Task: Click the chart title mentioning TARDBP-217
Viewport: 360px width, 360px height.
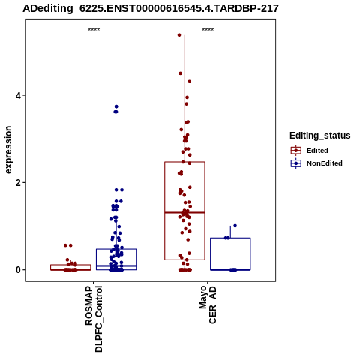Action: click(151, 9)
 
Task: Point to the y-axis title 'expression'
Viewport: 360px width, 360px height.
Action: click(8, 150)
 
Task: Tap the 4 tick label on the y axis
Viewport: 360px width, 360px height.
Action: click(18, 95)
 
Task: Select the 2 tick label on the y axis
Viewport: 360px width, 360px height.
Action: click(18, 182)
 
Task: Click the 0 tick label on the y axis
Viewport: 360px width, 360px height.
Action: click(18, 270)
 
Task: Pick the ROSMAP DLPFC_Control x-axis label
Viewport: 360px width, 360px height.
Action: click(94, 319)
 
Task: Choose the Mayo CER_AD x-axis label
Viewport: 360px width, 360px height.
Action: click(208, 305)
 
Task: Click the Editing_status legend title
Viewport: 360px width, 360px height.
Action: click(320, 136)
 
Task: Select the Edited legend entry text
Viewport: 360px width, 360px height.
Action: click(317, 151)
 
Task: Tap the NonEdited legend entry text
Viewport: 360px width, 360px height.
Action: click(325, 163)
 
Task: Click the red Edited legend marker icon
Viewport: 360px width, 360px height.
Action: click(296, 151)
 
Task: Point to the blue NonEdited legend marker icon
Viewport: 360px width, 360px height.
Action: click(296, 163)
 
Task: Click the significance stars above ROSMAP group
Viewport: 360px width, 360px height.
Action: click(94, 30)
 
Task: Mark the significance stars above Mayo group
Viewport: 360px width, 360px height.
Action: click(208, 30)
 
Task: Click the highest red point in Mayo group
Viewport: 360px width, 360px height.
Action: click(179, 35)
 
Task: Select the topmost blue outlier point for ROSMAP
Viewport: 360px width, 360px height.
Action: click(116, 106)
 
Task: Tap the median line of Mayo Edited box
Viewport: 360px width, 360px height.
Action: click(184, 212)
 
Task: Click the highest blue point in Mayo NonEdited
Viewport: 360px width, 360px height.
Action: click(235, 226)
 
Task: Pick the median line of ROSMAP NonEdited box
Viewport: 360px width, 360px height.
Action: click(116, 265)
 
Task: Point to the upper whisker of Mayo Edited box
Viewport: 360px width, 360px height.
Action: click(184, 99)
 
